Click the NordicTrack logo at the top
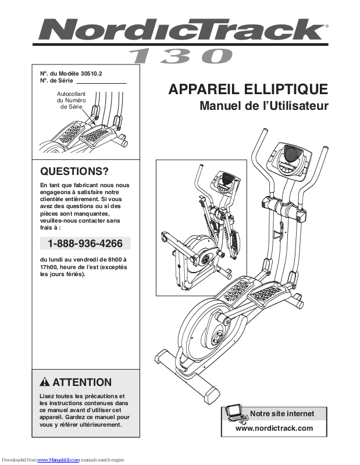click(180, 30)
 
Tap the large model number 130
click(180, 56)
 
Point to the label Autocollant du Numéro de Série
click(70, 101)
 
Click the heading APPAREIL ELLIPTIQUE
click(248, 90)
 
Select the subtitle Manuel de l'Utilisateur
click(264, 106)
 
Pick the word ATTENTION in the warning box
click(82, 382)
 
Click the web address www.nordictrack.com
click(274, 428)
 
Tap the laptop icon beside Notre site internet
click(236, 413)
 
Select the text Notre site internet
click(282, 414)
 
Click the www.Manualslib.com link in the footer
click(58, 460)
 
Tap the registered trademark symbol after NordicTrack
click(327, 26)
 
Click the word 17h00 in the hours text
click(49, 267)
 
